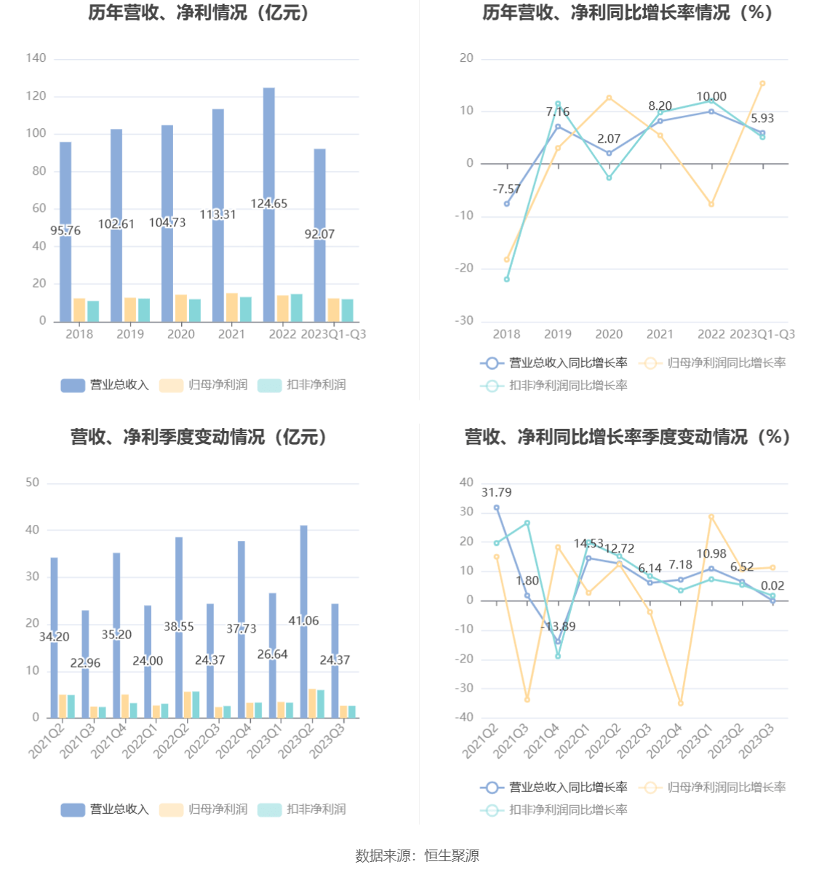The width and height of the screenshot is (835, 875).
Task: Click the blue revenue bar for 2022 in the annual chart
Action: click(x=269, y=146)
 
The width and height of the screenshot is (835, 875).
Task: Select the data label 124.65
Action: click(x=269, y=204)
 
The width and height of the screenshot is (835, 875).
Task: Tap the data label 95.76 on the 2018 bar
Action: click(x=65, y=231)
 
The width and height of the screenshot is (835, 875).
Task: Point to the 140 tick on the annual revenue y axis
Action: click(x=36, y=58)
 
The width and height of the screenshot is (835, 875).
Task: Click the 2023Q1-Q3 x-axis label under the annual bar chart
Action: click(x=333, y=334)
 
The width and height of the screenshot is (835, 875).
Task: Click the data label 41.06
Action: click(x=303, y=621)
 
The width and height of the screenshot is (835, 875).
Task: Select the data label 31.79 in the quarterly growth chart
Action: click(x=496, y=493)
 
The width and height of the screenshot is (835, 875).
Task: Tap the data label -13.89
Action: click(x=558, y=627)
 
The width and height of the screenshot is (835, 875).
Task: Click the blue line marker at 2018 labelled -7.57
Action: click(x=507, y=204)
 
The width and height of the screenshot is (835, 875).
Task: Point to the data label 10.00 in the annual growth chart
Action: click(x=711, y=97)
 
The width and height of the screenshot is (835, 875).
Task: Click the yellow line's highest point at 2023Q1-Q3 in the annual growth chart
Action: click(x=762, y=84)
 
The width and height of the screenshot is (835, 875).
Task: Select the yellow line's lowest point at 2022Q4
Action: click(x=681, y=703)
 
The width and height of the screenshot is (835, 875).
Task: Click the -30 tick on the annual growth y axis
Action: click(x=464, y=321)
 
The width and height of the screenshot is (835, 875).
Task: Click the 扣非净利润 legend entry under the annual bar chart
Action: click(x=303, y=385)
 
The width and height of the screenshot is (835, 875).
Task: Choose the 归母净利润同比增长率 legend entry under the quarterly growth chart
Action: click(x=713, y=788)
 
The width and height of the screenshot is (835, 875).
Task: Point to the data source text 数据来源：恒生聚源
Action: click(x=417, y=856)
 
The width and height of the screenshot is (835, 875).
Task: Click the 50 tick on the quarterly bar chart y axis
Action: click(x=32, y=483)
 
